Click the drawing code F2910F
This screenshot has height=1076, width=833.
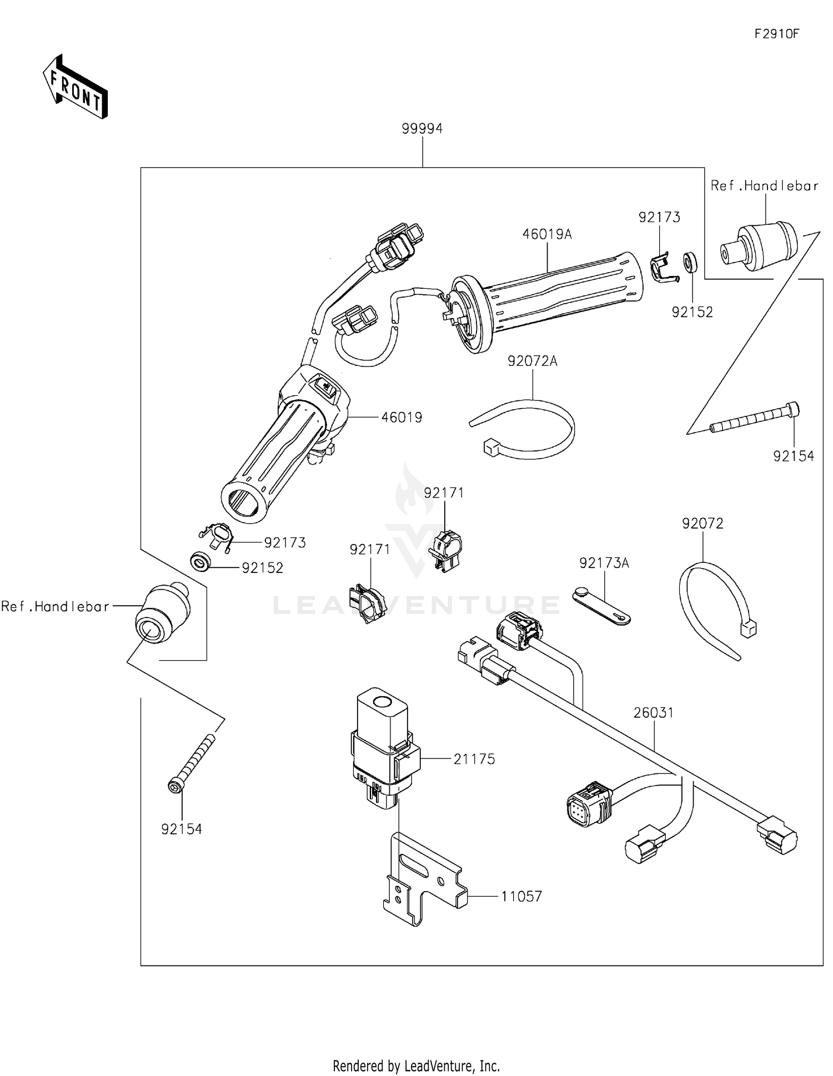coord(776,34)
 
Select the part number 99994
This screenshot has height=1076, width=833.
coord(422,129)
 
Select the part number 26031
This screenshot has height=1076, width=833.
coord(654,712)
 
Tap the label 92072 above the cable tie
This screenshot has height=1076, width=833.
coord(702,524)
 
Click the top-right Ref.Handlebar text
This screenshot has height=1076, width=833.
coord(764,186)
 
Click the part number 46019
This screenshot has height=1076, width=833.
coord(402,417)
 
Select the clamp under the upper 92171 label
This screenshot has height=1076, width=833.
coord(446,550)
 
